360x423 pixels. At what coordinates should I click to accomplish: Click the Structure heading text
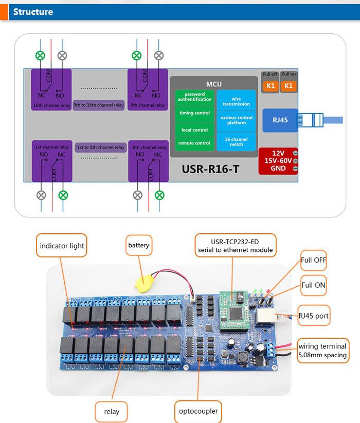click(x=33, y=12)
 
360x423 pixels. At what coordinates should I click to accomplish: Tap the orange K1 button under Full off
click(x=270, y=86)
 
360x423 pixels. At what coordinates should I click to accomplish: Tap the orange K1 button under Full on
click(x=289, y=86)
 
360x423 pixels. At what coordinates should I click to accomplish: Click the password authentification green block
click(x=194, y=97)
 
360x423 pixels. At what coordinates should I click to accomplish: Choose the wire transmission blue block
click(x=236, y=101)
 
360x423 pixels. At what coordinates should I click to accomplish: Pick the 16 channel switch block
click(x=236, y=142)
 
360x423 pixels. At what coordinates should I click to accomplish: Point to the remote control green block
click(x=194, y=143)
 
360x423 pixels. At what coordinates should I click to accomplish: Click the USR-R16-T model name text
click(x=211, y=168)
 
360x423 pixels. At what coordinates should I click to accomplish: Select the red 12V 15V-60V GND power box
click(x=278, y=160)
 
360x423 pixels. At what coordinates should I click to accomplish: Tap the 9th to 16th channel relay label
click(x=98, y=105)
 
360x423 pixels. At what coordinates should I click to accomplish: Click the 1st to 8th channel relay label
click(x=101, y=148)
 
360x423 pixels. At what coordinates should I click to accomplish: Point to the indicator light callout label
click(x=62, y=246)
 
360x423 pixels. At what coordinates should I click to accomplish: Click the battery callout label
click(x=139, y=246)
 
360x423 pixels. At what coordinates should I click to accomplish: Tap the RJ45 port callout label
click(x=314, y=316)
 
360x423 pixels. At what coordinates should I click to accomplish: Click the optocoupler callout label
click(x=198, y=411)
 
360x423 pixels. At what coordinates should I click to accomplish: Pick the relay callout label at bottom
click(x=112, y=411)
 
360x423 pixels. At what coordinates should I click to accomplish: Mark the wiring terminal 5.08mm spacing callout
click(x=323, y=351)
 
